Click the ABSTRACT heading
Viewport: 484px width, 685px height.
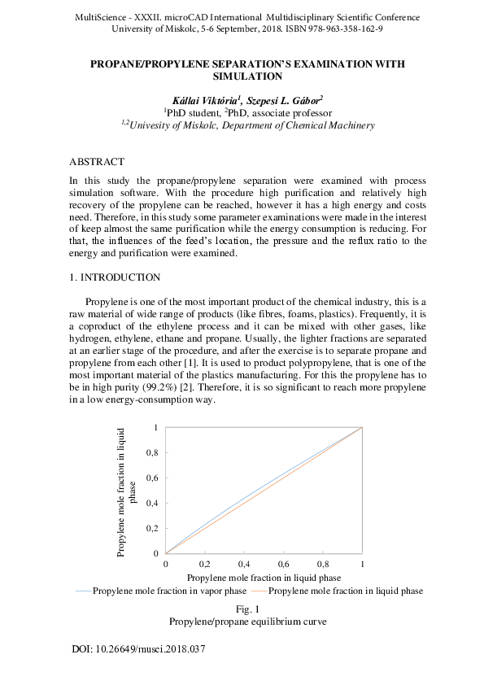(x=97, y=162)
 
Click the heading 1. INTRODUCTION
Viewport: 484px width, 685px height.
(x=115, y=278)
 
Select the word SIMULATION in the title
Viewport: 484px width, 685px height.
(x=247, y=76)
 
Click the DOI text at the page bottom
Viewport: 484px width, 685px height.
(x=139, y=650)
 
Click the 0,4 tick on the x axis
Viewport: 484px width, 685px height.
(x=244, y=564)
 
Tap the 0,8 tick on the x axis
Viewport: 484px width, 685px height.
(x=322, y=564)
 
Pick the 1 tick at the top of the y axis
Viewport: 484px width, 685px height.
(x=155, y=426)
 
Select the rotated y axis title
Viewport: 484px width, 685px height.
(x=127, y=491)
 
